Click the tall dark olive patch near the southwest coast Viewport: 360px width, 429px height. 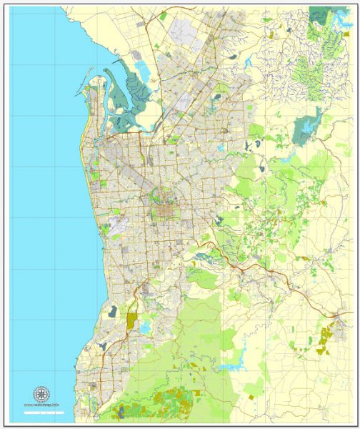pyautogui.click(x=131, y=320)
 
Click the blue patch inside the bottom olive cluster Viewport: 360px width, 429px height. pyautogui.click(x=121, y=410)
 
